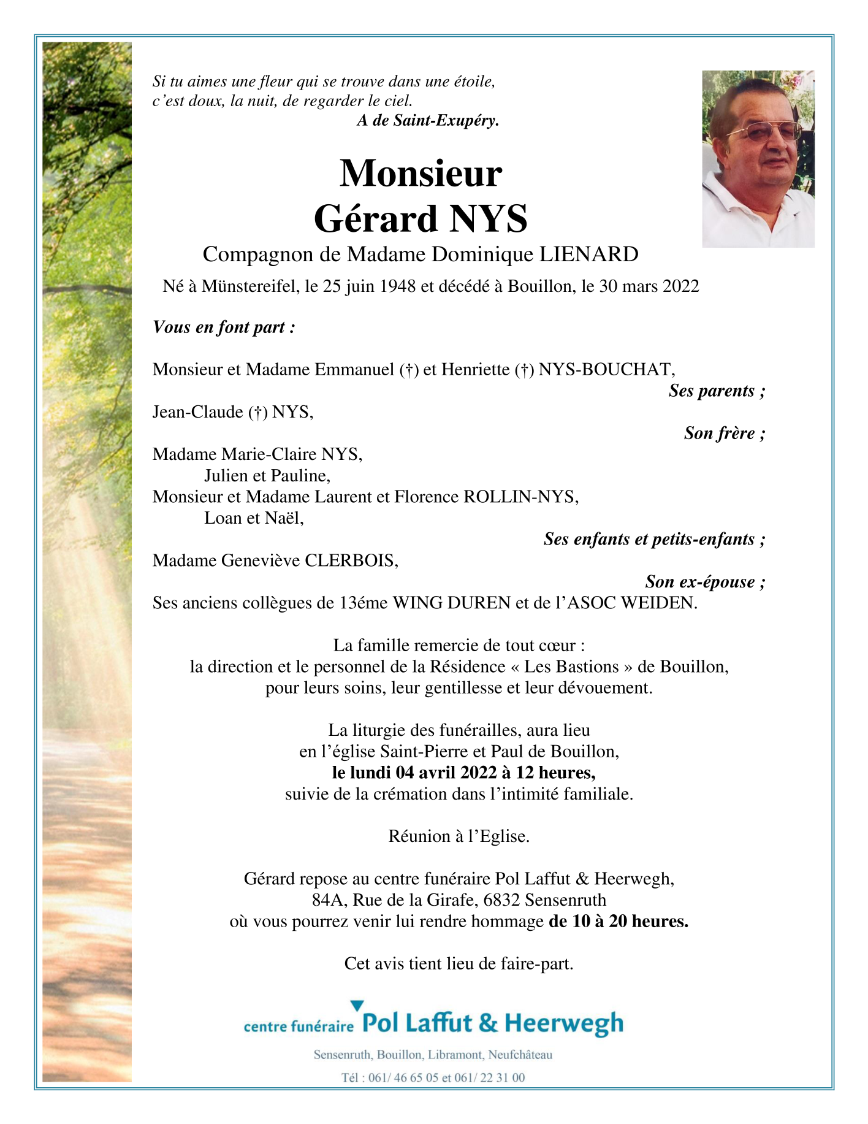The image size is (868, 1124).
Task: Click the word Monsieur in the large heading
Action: point(421,174)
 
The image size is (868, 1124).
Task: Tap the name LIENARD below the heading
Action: point(588,254)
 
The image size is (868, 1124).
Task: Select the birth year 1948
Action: point(398,286)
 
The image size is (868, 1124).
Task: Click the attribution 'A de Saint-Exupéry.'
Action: point(428,121)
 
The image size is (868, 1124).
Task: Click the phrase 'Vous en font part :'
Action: point(224,327)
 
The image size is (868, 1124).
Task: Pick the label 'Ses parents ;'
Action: point(717,391)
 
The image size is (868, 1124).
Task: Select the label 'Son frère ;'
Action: point(724,434)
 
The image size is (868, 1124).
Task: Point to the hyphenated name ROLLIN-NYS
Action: point(520,497)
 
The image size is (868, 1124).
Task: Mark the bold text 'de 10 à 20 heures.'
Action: point(619,922)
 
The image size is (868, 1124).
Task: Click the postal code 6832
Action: point(502,900)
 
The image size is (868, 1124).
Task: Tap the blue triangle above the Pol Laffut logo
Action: point(357,1006)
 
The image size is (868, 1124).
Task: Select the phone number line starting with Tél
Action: point(433,1077)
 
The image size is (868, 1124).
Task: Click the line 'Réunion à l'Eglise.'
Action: point(459,836)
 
